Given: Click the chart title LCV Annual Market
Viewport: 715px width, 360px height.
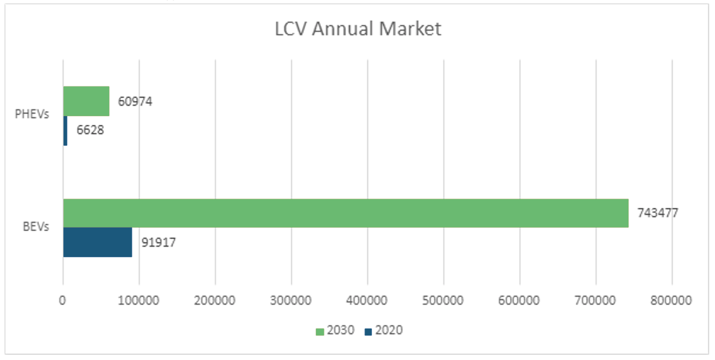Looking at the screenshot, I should [x=358, y=29].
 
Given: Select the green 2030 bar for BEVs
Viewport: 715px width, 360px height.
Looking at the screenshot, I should [x=345, y=213].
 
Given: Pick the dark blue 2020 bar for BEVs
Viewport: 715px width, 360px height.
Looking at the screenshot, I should [x=98, y=242].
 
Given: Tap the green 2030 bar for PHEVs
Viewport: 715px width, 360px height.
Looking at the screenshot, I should [x=86, y=101].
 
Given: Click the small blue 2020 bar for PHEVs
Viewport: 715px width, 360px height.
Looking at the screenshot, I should [x=65, y=131].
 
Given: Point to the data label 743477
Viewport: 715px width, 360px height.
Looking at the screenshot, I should [x=658, y=213].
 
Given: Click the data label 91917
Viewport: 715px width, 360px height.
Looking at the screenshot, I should [x=158, y=243].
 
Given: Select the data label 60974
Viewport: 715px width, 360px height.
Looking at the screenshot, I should [x=135, y=102].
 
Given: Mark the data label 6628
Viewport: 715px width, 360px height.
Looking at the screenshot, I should [x=90, y=130].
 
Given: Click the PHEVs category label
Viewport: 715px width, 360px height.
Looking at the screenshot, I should [x=32, y=114].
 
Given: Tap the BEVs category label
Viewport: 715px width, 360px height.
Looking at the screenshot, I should [x=36, y=227].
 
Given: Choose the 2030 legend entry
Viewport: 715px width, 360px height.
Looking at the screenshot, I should [x=335, y=331].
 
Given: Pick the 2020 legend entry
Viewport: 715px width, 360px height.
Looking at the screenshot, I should [x=384, y=331].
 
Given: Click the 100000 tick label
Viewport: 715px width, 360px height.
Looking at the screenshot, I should [x=139, y=301].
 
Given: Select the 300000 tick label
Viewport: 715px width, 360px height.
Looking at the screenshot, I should [x=291, y=301].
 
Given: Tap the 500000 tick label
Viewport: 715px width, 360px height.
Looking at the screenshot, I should [x=443, y=301].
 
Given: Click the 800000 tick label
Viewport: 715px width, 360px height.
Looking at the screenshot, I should [x=672, y=301].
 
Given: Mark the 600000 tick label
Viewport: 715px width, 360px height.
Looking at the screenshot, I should [x=520, y=301].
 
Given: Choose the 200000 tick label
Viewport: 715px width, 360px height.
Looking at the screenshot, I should [x=215, y=301].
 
